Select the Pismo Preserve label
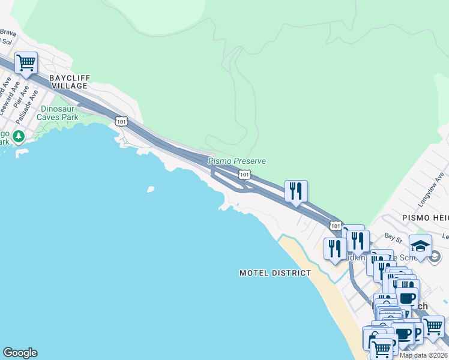point(237,161)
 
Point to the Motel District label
point(275,273)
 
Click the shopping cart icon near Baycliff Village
point(26,62)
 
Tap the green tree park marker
point(19,137)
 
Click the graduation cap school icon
point(420,246)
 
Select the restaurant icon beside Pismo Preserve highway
point(296,191)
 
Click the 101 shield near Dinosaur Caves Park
point(121,121)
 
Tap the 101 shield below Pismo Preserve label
point(244,174)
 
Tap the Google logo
point(20,353)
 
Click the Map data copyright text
point(423,355)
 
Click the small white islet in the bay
point(150,190)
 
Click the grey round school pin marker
point(435,257)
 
